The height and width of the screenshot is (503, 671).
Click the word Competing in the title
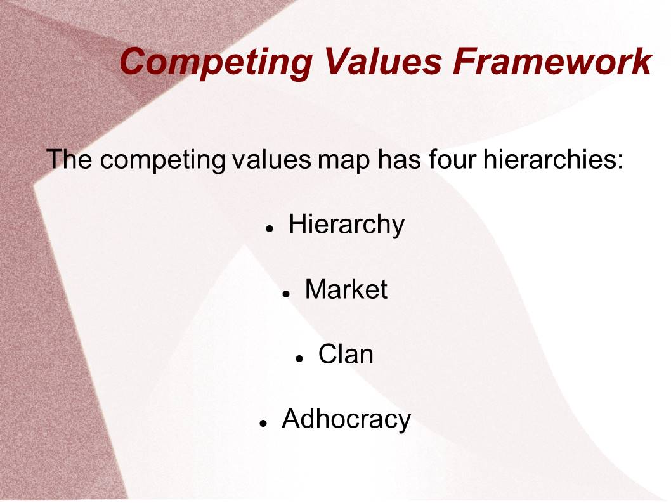(x=216, y=63)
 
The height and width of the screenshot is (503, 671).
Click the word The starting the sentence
(x=69, y=159)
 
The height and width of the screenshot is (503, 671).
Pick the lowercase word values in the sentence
(x=271, y=159)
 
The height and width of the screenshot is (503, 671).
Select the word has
(x=400, y=159)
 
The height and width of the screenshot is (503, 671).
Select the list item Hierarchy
(x=346, y=225)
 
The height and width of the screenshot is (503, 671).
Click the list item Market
(x=346, y=289)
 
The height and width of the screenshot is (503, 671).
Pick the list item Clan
(x=346, y=355)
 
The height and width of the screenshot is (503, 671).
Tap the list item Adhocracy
(x=346, y=420)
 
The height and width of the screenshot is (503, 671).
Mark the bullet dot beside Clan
(x=299, y=359)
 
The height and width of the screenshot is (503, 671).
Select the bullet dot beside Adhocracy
(x=263, y=424)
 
